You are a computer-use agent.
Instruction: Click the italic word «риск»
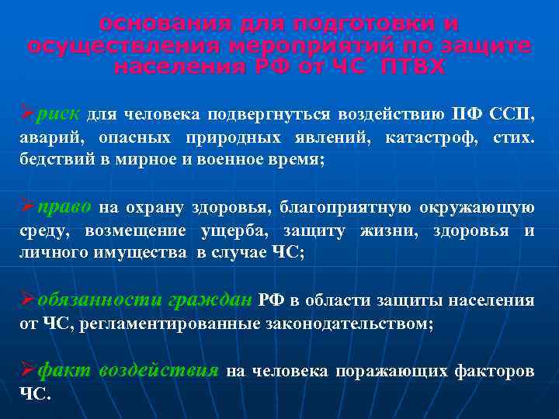(x=57, y=115)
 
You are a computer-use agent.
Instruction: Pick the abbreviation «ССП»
(x=512, y=116)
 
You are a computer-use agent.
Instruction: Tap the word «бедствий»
(x=50, y=161)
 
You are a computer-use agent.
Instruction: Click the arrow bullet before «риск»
(x=27, y=115)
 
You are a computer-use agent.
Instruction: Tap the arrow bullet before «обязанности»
(x=27, y=301)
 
